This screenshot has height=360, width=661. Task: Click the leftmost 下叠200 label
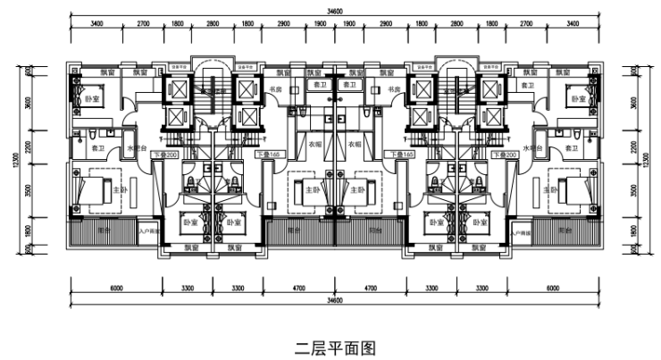click(167, 155)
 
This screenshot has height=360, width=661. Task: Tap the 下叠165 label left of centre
click(267, 155)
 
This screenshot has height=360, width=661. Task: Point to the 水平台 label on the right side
click(533, 149)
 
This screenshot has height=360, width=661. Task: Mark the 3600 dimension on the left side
click(29, 103)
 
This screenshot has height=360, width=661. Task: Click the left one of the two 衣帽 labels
click(314, 144)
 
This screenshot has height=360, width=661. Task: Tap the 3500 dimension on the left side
click(29, 189)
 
